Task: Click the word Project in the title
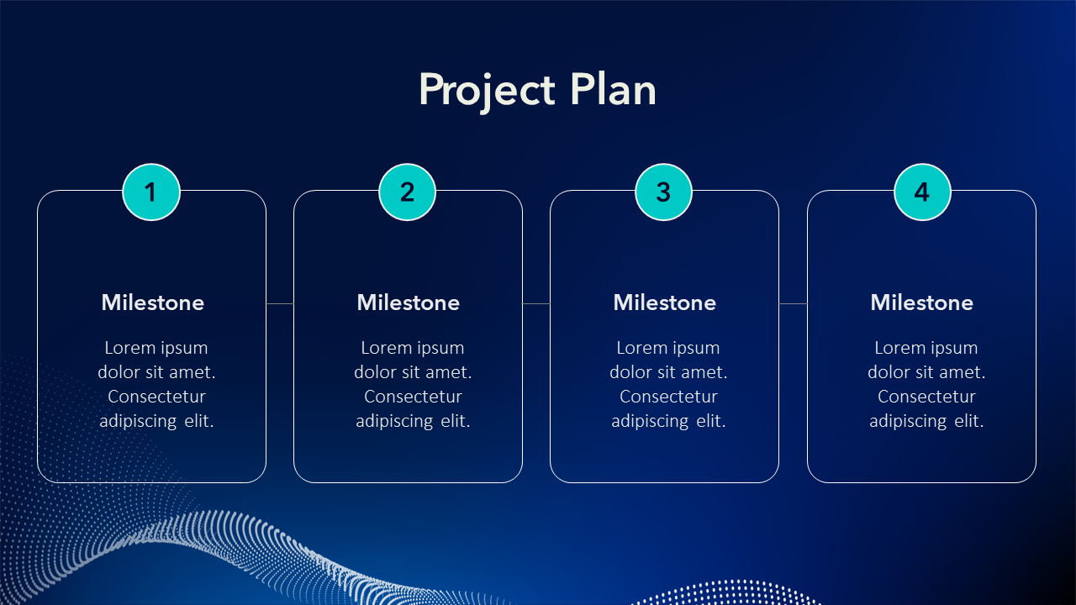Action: [487, 92]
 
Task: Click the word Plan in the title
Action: [613, 89]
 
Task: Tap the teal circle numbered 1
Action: [151, 192]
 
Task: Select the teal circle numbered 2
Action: [408, 192]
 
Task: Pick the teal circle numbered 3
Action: [664, 192]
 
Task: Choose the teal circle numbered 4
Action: [922, 192]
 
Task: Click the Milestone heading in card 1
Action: [153, 302]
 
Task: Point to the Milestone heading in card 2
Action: [409, 302]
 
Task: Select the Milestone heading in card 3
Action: [665, 302]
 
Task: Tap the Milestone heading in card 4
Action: [922, 302]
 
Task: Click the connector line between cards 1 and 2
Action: [280, 303]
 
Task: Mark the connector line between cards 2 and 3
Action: [536, 303]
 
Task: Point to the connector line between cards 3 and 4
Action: [793, 303]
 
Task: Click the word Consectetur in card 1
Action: [156, 397]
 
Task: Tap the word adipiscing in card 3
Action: [651, 422]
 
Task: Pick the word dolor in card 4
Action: [889, 372]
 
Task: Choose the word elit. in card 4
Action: [969, 421]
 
